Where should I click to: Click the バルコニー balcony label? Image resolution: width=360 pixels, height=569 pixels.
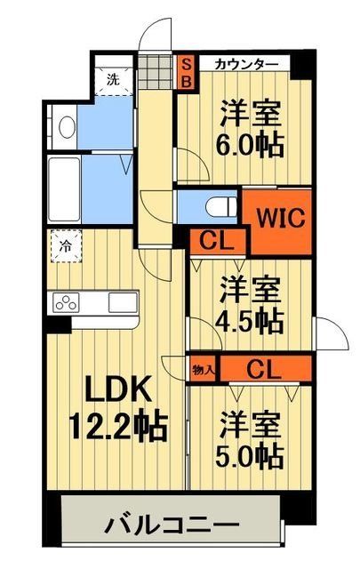(x=172, y=524)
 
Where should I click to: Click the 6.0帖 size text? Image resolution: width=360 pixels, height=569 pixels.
(x=252, y=143)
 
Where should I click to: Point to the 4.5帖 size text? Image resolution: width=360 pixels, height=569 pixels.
(x=252, y=317)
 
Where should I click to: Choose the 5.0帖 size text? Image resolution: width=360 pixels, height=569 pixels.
(x=252, y=455)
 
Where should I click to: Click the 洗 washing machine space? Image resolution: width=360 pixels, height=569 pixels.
(x=113, y=78)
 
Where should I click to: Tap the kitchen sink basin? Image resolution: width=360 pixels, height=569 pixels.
(x=121, y=302)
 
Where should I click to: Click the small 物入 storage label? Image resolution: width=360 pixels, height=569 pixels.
(x=203, y=365)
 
